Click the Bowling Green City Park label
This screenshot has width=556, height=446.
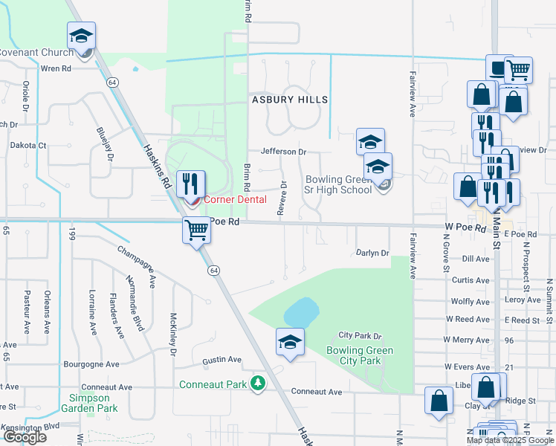point(360,355)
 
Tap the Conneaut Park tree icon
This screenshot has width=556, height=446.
point(258,384)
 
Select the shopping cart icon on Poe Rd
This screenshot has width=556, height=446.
point(196,230)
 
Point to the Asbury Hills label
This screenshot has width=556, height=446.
point(290,100)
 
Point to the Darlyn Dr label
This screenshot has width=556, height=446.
point(372,253)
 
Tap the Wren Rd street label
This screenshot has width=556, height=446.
point(55,68)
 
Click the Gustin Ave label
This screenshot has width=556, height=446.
point(222,360)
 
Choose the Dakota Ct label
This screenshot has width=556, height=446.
point(31,146)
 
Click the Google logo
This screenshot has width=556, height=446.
point(25,437)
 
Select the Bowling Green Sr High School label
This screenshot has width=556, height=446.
point(339,184)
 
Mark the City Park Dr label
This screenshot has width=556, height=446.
point(360,336)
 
